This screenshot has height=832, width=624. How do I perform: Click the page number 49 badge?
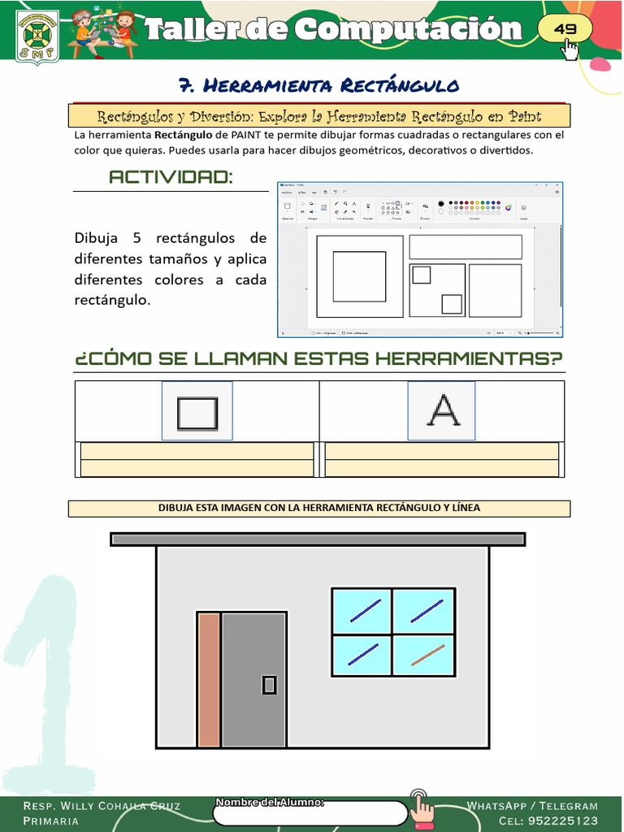pyautogui.click(x=565, y=29)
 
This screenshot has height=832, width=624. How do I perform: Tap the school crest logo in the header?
pyautogui.click(x=37, y=37)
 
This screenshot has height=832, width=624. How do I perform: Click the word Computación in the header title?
pyautogui.click(x=408, y=30)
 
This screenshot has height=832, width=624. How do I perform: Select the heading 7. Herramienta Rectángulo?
pyautogui.click(x=318, y=85)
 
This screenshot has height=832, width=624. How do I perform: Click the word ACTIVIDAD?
pyautogui.click(x=171, y=177)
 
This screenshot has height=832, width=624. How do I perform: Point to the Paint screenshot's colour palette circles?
pyautogui.click(x=474, y=207)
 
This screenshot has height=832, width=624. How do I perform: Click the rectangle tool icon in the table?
pyautogui.click(x=197, y=412)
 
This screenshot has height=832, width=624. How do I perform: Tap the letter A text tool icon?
pyautogui.click(x=442, y=411)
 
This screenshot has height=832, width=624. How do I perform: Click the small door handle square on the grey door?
pyautogui.click(x=269, y=685)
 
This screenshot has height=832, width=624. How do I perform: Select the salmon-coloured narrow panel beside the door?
pyautogui.click(x=209, y=679)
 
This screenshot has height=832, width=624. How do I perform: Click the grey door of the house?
pyautogui.click(x=253, y=679)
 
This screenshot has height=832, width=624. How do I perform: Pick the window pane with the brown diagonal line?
pyautogui.click(x=424, y=654)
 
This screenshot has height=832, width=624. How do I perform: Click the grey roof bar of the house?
pyautogui.click(x=318, y=539)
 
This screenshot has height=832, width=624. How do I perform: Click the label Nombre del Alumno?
pyautogui.click(x=270, y=803)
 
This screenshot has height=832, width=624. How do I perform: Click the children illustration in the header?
pyautogui.click(x=102, y=32)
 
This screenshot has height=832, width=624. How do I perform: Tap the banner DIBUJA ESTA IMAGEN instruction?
pyautogui.click(x=318, y=508)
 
